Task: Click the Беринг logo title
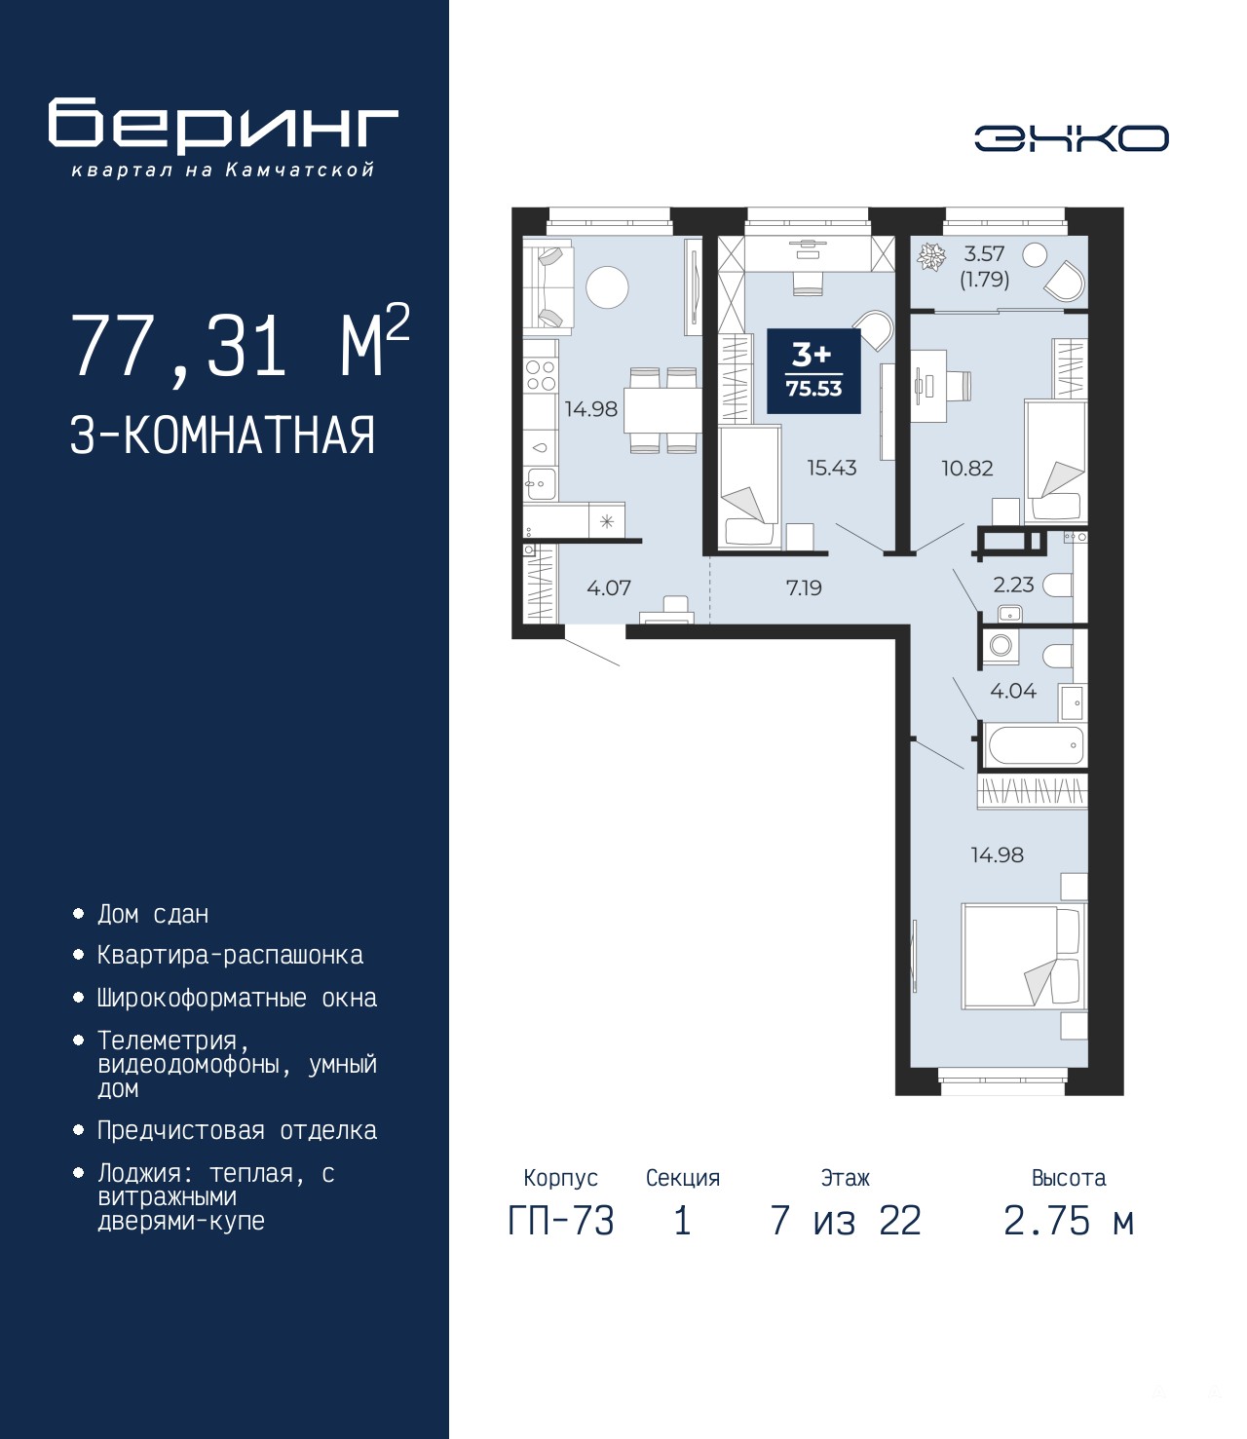(x=223, y=126)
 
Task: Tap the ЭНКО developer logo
(x=1072, y=137)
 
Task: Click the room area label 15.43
(x=831, y=467)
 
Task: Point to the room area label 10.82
(x=967, y=468)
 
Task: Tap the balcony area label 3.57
(x=984, y=253)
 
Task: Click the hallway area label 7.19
(x=804, y=588)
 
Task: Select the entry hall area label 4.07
(x=609, y=588)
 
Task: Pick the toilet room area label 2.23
(x=1013, y=585)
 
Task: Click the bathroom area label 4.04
(x=1013, y=691)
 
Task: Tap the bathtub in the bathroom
(x=1035, y=745)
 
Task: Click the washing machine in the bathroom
(x=1001, y=645)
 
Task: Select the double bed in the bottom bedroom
(x=1024, y=956)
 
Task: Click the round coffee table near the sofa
(x=607, y=287)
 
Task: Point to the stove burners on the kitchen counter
(x=541, y=374)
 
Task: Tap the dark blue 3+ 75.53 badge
(x=813, y=371)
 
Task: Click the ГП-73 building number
(x=561, y=1222)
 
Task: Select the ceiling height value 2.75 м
(x=1069, y=1222)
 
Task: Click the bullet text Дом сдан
(x=153, y=914)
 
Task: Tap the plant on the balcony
(x=931, y=256)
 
